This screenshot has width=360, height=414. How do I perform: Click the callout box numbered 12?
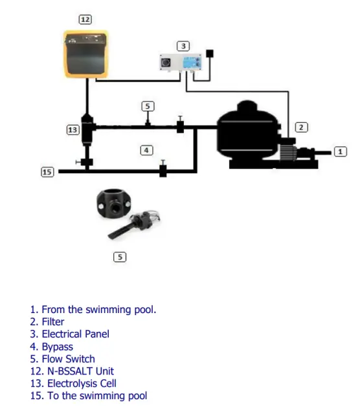tap(85, 19)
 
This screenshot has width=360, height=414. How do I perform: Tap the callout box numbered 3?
tap(183, 46)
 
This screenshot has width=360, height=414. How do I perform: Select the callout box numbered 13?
tap(73, 130)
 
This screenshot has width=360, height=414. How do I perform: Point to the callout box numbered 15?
tap(47, 172)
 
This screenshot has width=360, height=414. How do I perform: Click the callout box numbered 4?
tap(146, 151)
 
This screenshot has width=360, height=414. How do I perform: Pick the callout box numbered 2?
tap(301, 127)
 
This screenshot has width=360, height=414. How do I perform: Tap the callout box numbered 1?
tap(341, 151)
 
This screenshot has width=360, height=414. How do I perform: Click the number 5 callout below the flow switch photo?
tap(120, 257)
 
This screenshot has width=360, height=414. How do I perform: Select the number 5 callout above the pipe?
tap(148, 106)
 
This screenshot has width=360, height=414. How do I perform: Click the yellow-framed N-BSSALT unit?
tap(86, 54)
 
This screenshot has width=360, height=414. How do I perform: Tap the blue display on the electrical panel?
tap(192, 63)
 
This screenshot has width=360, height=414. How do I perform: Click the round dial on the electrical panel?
tap(166, 63)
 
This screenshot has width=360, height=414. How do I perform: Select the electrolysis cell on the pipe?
tap(87, 130)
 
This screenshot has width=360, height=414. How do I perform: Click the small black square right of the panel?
tap(210, 53)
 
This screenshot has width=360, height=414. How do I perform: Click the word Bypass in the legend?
tap(58, 347)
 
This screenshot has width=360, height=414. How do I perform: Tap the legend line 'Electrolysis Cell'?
tap(73, 384)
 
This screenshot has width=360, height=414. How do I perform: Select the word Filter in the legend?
tap(53, 322)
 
